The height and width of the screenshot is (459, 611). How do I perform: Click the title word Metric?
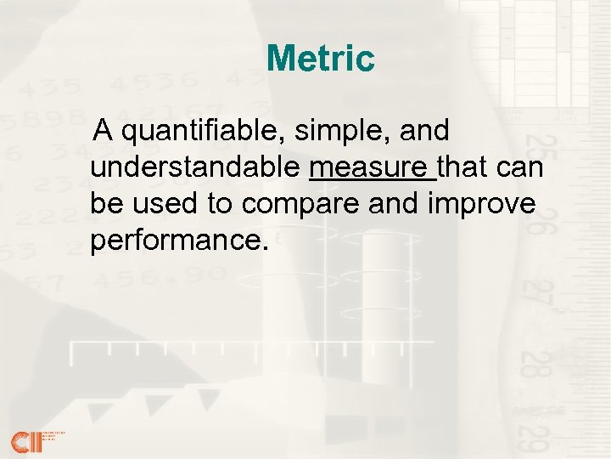coord(320,59)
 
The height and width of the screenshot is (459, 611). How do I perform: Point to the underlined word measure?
coord(371,168)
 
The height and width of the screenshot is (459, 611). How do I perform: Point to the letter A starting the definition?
coord(104,132)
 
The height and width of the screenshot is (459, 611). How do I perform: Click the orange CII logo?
coord(25,440)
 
